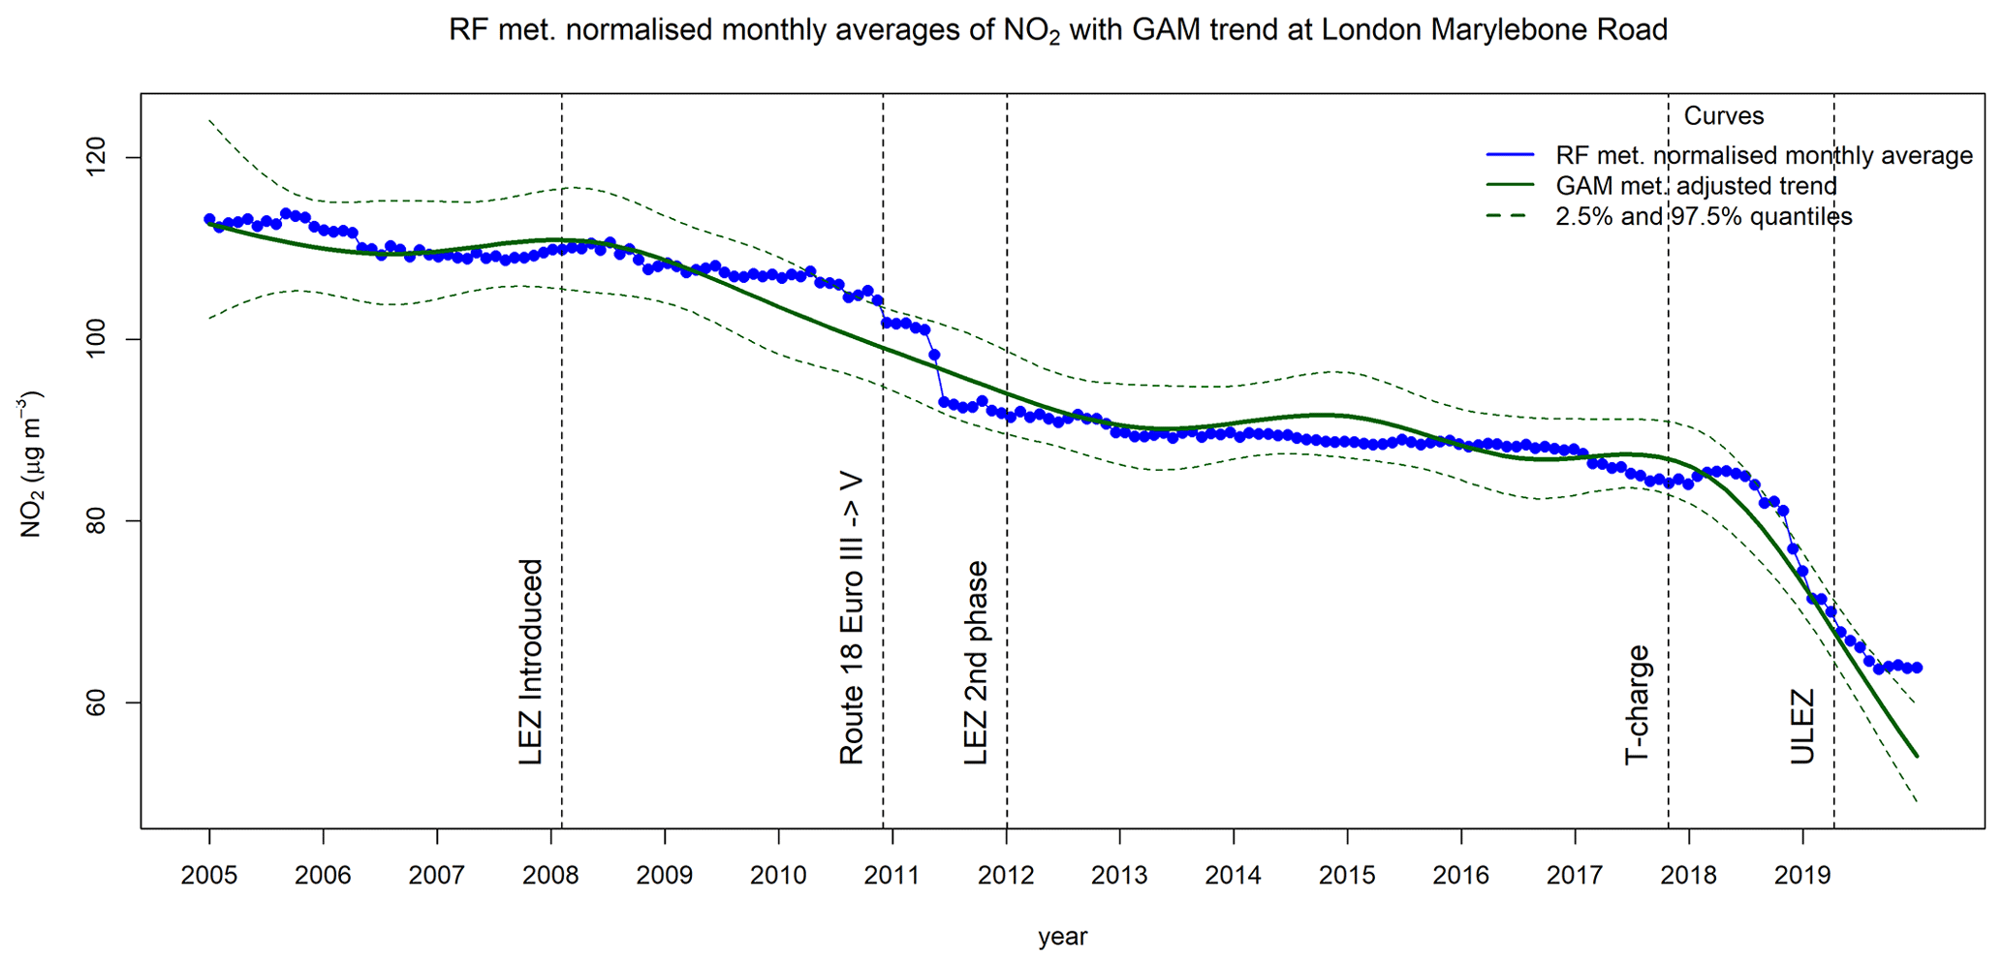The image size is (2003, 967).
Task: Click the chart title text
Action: [x=1057, y=31]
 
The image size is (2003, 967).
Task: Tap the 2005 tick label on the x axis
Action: [x=209, y=876]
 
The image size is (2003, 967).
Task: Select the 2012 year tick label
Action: [x=1006, y=876]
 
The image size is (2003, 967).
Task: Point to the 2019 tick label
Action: [x=1802, y=876]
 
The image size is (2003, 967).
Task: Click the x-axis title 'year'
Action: [x=1062, y=937]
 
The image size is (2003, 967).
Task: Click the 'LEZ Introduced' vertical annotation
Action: [x=531, y=662]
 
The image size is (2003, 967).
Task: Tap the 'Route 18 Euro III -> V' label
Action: [x=851, y=620]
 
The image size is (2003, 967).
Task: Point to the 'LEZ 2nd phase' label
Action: [x=976, y=663]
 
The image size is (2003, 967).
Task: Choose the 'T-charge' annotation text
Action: [x=1637, y=704]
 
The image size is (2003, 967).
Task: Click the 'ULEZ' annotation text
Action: [x=1801, y=727]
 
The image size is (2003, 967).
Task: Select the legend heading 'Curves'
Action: [x=1724, y=116]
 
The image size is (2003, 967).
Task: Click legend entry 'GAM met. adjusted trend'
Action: [x=1696, y=186]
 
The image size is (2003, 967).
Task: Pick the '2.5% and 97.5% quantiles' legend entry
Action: [x=1704, y=217]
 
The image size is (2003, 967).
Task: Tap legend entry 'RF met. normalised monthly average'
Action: [x=1764, y=155]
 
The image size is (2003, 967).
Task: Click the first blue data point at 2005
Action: [x=209, y=219]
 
